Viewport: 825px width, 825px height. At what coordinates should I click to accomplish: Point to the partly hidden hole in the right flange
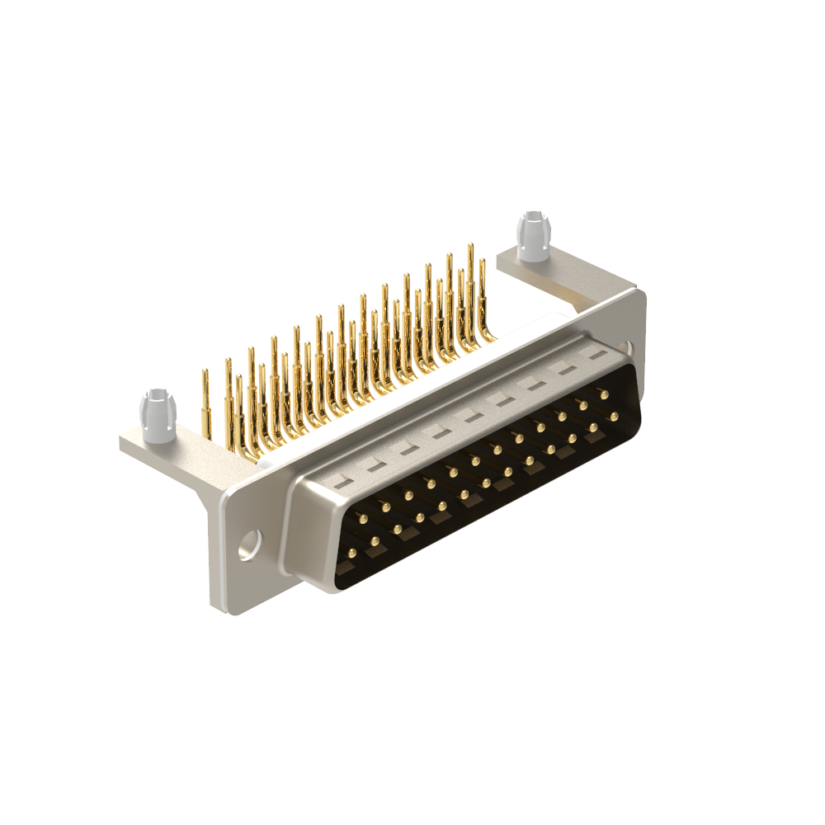click(x=630, y=349)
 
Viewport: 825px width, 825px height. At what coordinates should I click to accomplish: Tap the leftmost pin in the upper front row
click(x=362, y=517)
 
